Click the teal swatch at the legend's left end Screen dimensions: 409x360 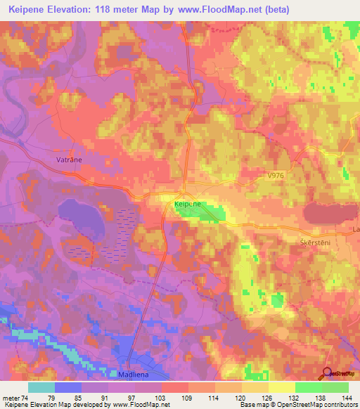(41, 387)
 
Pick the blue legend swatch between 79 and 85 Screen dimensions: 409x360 (68, 387)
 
